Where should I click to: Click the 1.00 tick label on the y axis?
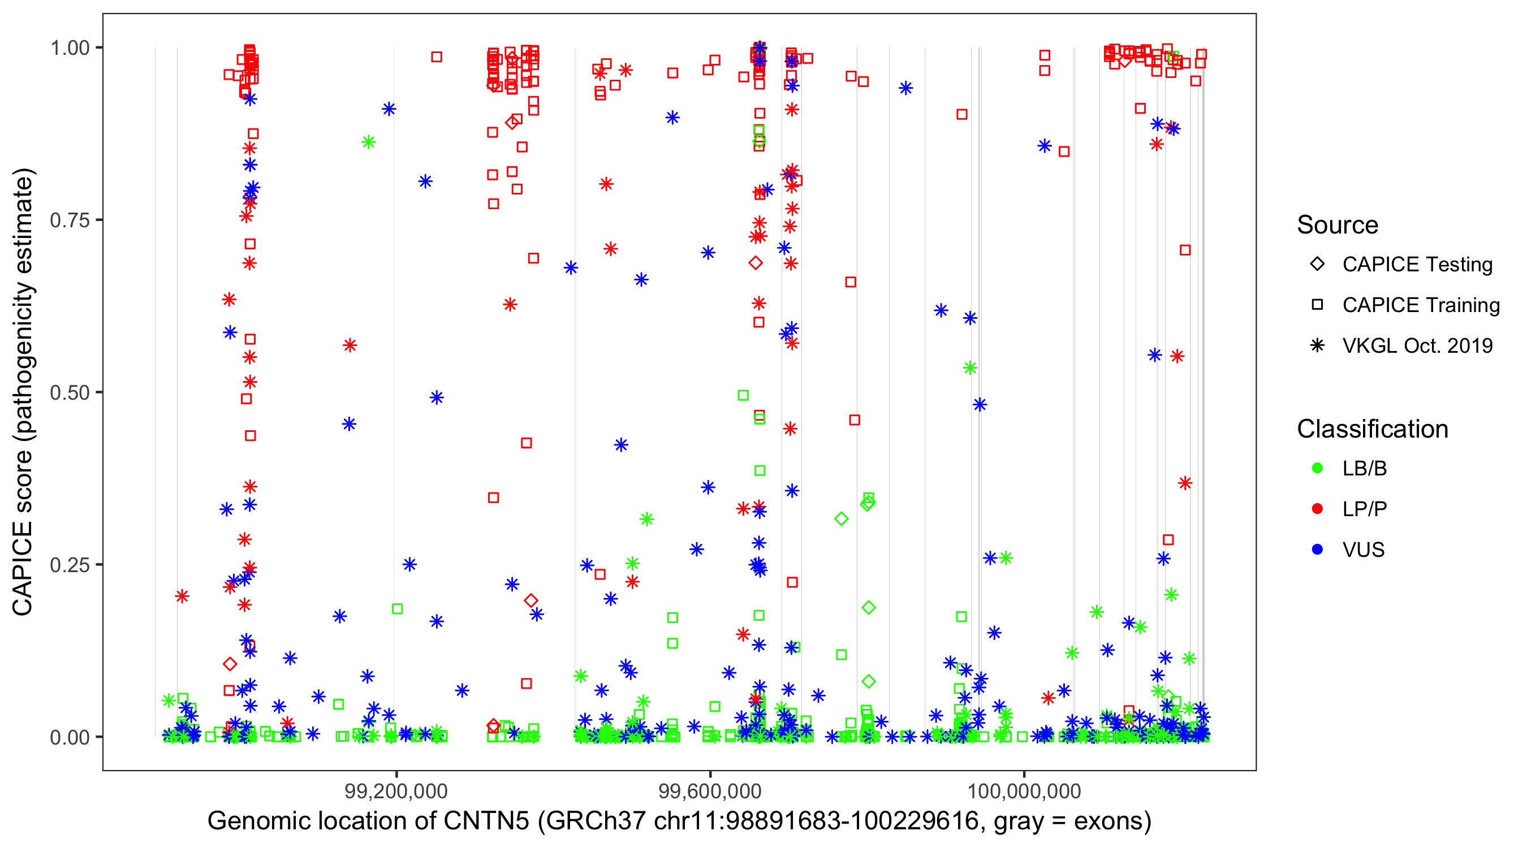click(x=70, y=48)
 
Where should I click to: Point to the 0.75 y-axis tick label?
click(x=70, y=220)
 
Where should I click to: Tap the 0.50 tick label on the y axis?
click(x=70, y=392)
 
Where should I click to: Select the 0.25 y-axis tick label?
click(x=70, y=565)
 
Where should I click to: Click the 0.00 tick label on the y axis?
click(x=70, y=737)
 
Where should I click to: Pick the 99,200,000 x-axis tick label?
click(x=396, y=791)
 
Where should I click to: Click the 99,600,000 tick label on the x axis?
click(x=710, y=791)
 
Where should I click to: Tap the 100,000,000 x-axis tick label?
click(x=1024, y=791)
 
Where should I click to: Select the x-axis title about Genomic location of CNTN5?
click(x=679, y=821)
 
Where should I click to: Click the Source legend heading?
click(x=1338, y=225)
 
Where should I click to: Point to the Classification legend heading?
click(x=1372, y=429)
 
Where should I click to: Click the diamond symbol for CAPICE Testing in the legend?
click(x=1317, y=265)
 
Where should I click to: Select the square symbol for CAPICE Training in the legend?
click(x=1317, y=305)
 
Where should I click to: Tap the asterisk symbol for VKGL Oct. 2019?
click(x=1317, y=345)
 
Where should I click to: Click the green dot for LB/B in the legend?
click(x=1317, y=468)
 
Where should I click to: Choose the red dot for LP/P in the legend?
click(x=1317, y=509)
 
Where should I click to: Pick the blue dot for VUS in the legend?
click(x=1317, y=550)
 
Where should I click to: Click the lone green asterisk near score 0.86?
click(x=368, y=142)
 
